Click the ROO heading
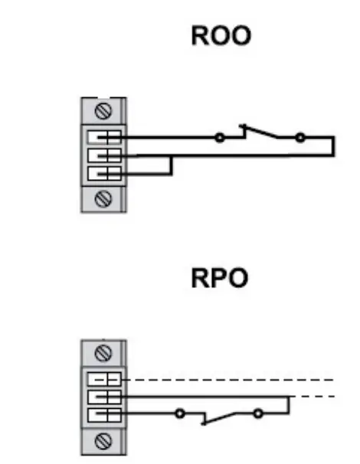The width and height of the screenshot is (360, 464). [221, 36]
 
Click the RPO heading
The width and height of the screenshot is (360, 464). [220, 279]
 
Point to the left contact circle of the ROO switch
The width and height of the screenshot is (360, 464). [220, 138]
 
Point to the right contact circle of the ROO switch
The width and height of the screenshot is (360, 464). [299, 138]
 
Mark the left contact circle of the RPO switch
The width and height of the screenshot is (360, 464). [180, 414]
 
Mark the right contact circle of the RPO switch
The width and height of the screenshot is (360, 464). [259, 414]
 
